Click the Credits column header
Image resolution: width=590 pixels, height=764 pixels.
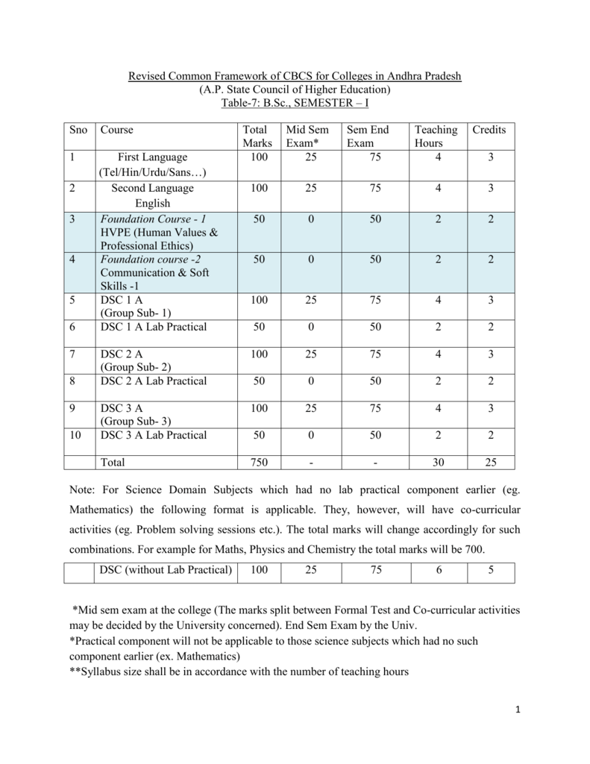[489, 130]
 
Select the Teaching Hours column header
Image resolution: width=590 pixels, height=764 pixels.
[436, 137]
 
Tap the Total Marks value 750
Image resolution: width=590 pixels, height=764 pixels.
[259, 463]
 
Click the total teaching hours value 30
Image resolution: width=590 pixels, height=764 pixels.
[439, 463]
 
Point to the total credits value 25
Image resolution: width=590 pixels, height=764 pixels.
[490, 463]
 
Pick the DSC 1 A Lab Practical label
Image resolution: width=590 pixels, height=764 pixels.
[154, 327]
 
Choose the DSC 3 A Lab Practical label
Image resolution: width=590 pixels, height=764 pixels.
[154, 435]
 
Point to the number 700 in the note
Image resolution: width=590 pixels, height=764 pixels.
[472, 550]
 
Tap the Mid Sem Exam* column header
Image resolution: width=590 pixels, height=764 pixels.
[307, 137]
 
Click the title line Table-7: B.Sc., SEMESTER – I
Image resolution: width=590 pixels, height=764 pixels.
[295, 102]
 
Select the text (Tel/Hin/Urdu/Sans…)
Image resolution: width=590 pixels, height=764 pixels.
[152, 172]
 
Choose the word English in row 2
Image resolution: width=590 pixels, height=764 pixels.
[152, 203]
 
